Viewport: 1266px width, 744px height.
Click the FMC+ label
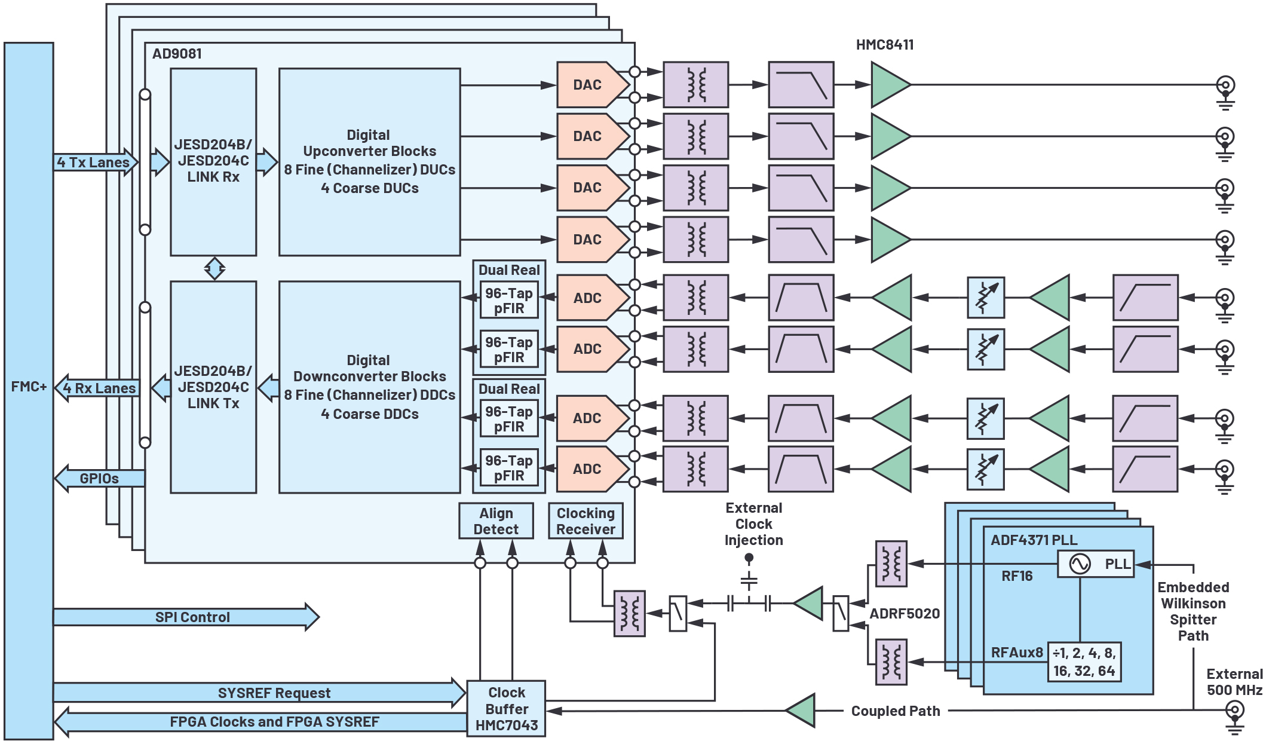(29, 387)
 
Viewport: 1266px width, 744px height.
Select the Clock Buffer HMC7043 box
(506, 709)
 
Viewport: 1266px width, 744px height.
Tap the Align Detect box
(496, 521)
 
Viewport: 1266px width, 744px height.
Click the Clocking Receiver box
(586, 521)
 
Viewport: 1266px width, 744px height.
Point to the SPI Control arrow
(185, 617)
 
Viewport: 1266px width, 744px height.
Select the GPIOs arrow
(100, 478)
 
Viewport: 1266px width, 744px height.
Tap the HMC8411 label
(885, 45)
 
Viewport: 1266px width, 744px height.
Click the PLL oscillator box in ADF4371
(1095, 564)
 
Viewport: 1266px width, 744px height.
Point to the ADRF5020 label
(905, 614)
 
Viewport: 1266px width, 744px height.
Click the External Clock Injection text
(753, 524)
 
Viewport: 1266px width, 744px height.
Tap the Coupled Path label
(896, 711)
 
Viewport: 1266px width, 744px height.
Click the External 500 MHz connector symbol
(1234, 711)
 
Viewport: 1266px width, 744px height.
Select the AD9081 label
(177, 54)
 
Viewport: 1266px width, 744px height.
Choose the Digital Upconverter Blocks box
(369, 162)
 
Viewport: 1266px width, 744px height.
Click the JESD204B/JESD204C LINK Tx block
(213, 387)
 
